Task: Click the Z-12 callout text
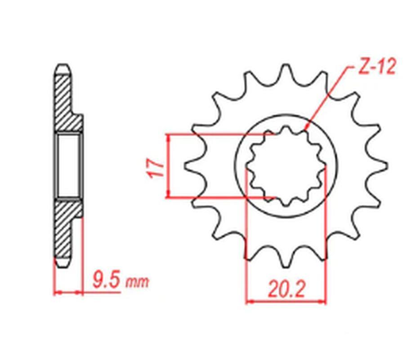(377, 67)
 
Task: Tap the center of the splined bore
(286, 165)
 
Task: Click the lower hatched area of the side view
(64, 229)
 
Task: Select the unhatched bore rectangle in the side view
(68, 165)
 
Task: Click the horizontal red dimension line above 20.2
(286, 301)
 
